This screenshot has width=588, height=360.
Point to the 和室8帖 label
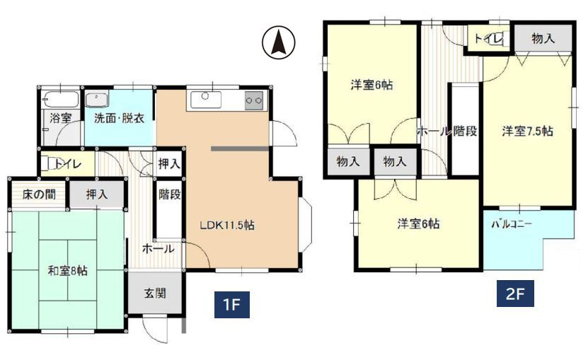[68, 270]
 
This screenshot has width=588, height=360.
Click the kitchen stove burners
[253, 100]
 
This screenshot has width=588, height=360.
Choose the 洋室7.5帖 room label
[528, 131]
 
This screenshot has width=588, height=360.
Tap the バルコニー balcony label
[512, 224]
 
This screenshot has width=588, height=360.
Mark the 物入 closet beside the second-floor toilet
[543, 40]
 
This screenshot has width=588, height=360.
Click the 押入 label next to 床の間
[97, 194]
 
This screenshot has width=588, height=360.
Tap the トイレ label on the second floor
[488, 38]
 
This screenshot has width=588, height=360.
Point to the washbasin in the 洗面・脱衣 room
[96, 99]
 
